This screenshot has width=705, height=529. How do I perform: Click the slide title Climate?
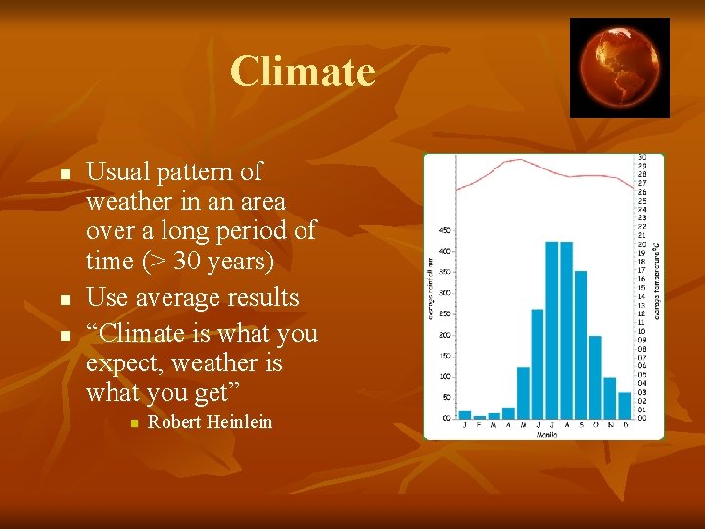coord(303,72)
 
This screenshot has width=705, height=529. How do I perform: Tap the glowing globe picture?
coord(620,67)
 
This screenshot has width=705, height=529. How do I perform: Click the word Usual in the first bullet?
coord(118,172)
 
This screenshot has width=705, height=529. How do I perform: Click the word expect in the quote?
coord(122,363)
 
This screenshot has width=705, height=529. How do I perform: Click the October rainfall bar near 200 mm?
coord(595,377)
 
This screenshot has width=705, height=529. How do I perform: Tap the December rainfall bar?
coord(625,406)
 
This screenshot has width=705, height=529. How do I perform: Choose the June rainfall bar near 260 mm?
coord(537,363)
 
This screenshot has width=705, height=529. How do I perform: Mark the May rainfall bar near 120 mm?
coord(523,393)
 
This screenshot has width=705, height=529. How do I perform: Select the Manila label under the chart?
coord(545,434)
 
